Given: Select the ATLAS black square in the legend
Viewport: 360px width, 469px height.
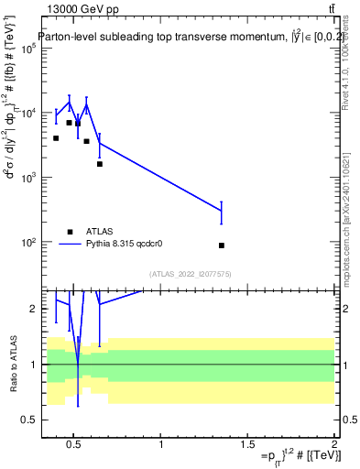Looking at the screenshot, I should [x=71, y=232].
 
